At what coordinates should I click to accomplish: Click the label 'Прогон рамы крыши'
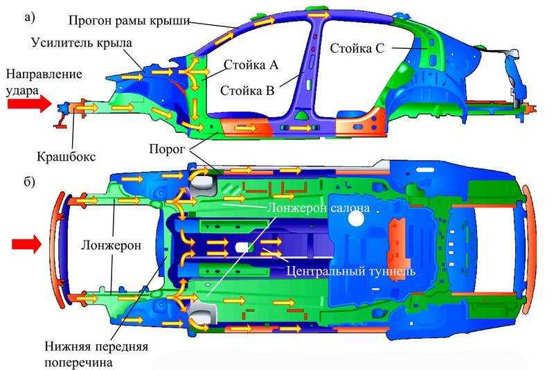tap(129, 21)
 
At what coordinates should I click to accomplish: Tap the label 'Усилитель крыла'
tap(82, 43)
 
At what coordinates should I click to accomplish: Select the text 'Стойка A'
tap(251, 65)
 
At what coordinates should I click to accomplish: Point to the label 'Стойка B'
tap(247, 91)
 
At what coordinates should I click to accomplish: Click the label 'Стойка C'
tap(357, 49)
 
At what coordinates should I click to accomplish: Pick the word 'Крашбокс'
tap(66, 156)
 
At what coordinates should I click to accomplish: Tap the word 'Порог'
tap(167, 150)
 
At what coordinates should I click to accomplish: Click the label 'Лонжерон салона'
tap(319, 208)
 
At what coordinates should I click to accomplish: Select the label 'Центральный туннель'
tap(351, 271)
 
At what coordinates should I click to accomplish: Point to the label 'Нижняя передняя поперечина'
tap(96, 354)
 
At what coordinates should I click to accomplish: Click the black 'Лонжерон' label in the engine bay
tap(111, 245)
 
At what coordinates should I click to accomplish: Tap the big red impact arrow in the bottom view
tap(27, 245)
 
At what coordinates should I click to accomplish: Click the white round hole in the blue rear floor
tap(356, 219)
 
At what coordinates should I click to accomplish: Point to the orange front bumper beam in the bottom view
tap(57, 245)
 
